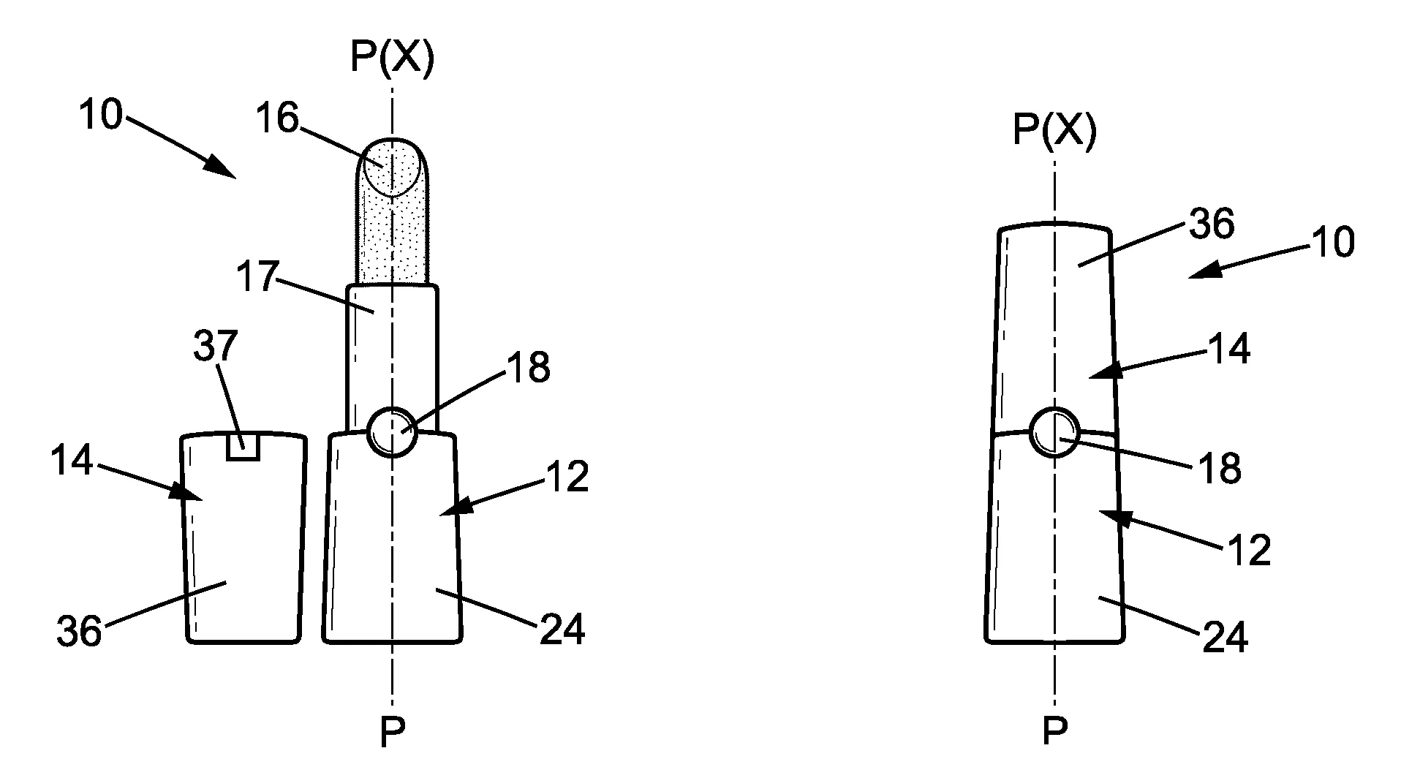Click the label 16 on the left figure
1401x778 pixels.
coord(279,118)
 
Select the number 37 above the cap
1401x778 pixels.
coord(216,346)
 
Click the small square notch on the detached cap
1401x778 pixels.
coord(243,447)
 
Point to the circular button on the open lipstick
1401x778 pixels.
coord(392,431)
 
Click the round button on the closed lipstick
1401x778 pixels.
coord(1054,432)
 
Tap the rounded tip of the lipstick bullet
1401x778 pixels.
coord(392,167)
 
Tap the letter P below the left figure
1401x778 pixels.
coord(392,731)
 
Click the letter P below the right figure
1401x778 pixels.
coord(1054,731)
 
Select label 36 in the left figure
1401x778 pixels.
coord(80,630)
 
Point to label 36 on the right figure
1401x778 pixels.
coord(1212,224)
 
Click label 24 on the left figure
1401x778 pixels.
coord(562,629)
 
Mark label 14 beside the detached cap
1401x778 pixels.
coord(72,461)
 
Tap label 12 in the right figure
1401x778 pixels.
coord(1249,550)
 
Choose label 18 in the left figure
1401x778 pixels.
coord(527,368)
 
